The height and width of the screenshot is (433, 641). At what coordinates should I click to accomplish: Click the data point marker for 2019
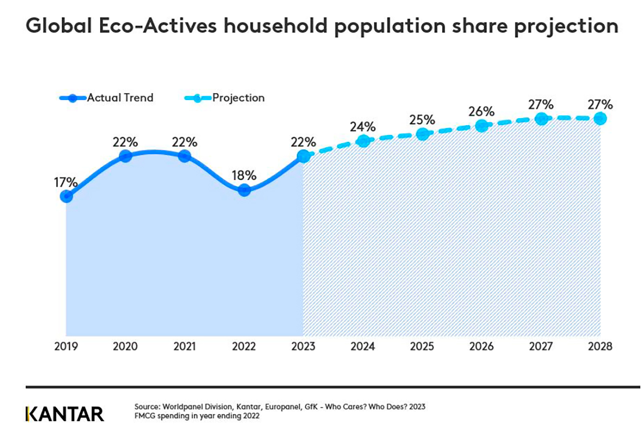[x=66, y=196]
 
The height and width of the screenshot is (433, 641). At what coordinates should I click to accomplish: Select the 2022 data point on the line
[x=244, y=190]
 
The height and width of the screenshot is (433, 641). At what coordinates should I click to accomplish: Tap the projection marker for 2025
[x=422, y=134]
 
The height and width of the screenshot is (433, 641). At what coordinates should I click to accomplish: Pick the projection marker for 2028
[x=600, y=119]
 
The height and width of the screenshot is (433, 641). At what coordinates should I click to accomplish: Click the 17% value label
[x=66, y=181]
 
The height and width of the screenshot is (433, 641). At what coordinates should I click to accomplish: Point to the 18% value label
[x=244, y=176]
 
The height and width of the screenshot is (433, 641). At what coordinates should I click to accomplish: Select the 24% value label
[x=363, y=127]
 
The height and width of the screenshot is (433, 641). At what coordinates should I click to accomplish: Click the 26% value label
[x=481, y=111]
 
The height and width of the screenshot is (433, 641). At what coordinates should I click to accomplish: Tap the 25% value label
[x=422, y=120]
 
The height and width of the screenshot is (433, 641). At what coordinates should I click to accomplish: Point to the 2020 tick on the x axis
[x=125, y=346]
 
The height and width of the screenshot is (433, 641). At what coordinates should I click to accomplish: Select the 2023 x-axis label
[x=303, y=346]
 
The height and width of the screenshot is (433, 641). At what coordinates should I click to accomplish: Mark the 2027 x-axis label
[x=541, y=346]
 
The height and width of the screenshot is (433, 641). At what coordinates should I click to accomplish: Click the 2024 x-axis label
[x=363, y=346]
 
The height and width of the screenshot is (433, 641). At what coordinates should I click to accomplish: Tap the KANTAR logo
[x=65, y=414]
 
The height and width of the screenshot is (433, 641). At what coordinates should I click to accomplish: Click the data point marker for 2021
[x=184, y=156]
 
